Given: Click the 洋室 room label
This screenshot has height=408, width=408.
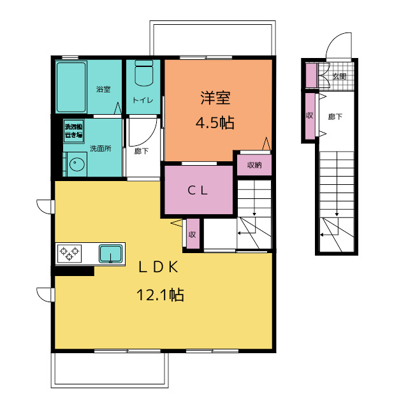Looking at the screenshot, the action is [215, 98].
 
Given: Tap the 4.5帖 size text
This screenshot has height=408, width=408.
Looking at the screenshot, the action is [215, 122].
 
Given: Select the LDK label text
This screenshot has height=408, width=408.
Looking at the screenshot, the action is [159, 266].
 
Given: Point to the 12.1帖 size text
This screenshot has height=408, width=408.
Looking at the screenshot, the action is [160, 295].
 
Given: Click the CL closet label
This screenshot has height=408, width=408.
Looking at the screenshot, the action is [198, 191].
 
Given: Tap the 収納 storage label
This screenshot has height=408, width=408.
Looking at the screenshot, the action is [254, 165].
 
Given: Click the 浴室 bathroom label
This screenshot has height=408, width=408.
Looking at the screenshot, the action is [103, 89].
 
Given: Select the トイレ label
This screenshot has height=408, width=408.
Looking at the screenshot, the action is [143, 100].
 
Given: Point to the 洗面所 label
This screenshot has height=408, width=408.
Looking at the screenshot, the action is [101, 149].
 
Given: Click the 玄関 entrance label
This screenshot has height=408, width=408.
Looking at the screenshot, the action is [339, 76].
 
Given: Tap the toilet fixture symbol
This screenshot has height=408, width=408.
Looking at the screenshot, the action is [144, 73].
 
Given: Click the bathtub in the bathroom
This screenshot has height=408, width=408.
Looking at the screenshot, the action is [71, 87].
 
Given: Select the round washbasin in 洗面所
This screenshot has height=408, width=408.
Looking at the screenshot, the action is [76, 164].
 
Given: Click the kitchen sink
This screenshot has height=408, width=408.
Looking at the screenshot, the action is [110, 254].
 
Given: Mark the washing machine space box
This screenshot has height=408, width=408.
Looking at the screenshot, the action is [74, 131].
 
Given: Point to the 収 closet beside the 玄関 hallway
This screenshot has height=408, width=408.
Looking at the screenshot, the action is [310, 116].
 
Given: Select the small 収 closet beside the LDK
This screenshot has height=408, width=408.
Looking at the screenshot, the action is [193, 234].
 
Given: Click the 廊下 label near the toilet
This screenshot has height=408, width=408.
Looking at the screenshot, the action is [142, 151].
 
